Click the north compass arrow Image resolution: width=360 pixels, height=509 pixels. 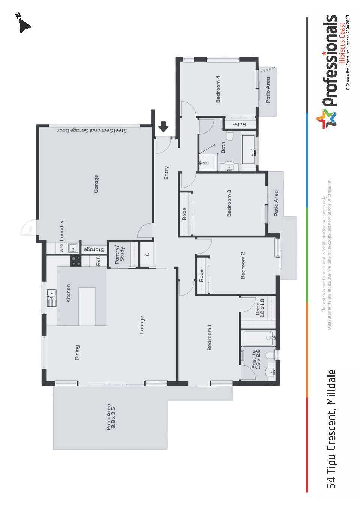[x=24, y=26]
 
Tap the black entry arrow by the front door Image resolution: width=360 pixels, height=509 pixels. [x=163, y=126]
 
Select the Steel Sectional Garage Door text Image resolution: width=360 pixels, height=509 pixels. [x=92, y=131]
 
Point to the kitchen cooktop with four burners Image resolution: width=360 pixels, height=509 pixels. [x=76, y=261]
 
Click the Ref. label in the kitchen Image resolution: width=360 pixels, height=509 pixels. [x=98, y=261]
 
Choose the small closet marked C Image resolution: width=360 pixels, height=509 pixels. [x=147, y=254]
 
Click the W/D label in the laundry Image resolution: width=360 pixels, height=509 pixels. [x=61, y=248]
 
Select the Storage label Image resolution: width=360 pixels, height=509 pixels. [x=94, y=249]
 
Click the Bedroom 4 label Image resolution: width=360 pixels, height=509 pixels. [x=218, y=89]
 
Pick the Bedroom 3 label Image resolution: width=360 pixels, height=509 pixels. [x=229, y=203]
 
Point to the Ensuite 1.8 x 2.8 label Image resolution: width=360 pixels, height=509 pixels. [x=255, y=359]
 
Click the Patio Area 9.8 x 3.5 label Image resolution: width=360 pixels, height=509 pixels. [x=111, y=417]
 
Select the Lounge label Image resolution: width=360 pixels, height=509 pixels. [x=141, y=325]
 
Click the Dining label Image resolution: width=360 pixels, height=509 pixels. [x=77, y=353]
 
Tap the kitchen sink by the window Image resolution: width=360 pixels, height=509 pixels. [x=52, y=298]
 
